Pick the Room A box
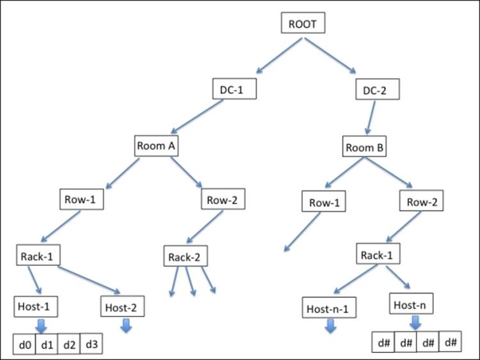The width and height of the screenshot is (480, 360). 157,145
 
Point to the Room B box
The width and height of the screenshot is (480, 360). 365,147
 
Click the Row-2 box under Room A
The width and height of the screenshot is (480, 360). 222,199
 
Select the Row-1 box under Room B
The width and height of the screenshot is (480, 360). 323,203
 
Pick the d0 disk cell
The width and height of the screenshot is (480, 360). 24,344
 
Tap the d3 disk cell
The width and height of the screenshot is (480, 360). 91,344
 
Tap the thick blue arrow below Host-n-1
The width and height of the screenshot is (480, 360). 330,326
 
